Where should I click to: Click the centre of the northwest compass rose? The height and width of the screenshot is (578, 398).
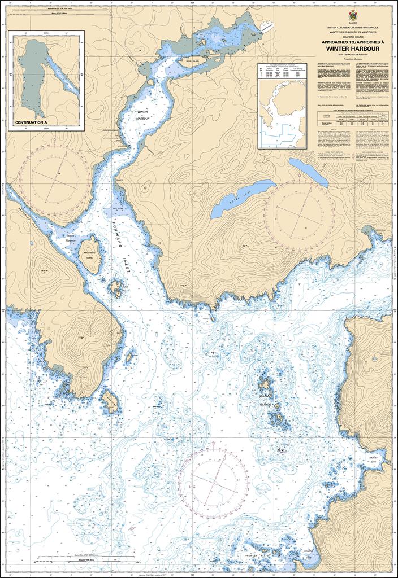55,176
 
